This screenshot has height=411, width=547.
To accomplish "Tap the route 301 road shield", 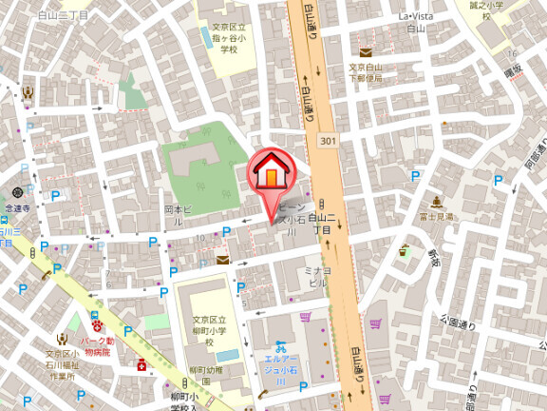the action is click(328, 141).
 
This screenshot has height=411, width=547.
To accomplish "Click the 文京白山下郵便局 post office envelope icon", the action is click(367, 52).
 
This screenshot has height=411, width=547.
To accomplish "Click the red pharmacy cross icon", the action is click(141, 364).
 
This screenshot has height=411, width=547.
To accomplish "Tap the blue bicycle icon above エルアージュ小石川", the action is click(279, 347).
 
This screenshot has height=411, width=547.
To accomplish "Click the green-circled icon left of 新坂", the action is click(404, 250).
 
